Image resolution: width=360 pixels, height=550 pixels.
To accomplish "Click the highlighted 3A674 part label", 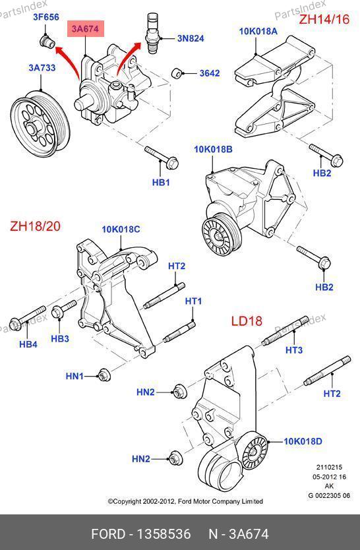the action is coord(86,29).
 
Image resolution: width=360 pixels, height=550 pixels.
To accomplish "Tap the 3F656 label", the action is coord(46,17).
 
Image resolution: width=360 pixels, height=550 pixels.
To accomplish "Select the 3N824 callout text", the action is coord(191,38).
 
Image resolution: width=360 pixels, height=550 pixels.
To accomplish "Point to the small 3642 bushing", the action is coord(177,74).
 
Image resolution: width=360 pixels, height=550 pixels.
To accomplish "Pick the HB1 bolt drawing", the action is coord(162,157).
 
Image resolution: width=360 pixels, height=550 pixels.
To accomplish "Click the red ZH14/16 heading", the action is coord(324,19).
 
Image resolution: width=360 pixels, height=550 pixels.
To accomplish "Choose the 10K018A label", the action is coord(258,31).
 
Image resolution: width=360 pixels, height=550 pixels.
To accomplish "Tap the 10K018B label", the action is coord(213,150).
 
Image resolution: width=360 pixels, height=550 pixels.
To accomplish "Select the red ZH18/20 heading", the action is coord(35,226).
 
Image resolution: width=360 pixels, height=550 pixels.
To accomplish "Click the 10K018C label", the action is coord(121,229).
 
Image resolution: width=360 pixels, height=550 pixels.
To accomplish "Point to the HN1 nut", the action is coord(104,375).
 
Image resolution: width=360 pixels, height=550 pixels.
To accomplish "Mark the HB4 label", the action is coord(28,344).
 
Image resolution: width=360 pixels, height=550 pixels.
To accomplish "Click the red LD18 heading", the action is coord(247,321).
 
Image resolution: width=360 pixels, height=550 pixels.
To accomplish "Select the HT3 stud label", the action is coord(294,350).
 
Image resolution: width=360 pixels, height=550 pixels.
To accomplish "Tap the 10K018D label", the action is coord(303,441).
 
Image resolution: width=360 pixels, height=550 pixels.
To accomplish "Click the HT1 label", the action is coord(193,301).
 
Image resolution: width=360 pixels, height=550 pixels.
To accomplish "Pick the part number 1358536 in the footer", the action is coord(164,534).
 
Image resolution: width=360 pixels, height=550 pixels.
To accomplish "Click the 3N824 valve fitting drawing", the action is coord(153,33).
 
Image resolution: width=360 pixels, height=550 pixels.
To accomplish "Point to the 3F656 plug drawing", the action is coord(47,42).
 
